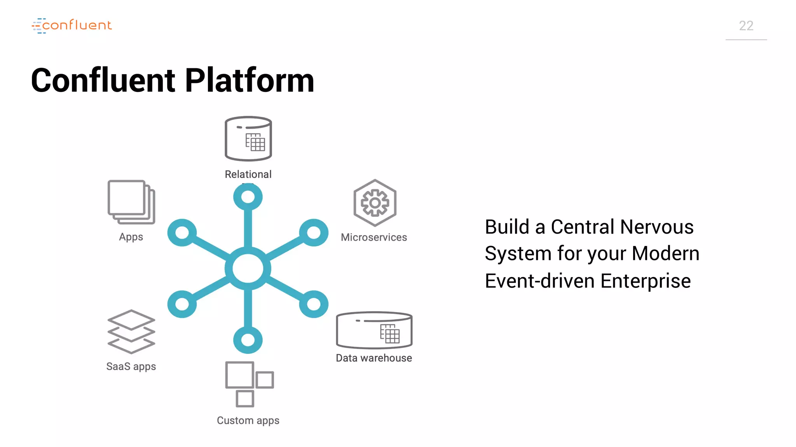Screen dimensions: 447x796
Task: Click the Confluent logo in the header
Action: (x=72, y=26)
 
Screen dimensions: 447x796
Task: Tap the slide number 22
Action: (x=746, y=26)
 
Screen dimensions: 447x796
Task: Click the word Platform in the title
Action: (x=250, y=80)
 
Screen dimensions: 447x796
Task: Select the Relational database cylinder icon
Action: (x=248, y=139)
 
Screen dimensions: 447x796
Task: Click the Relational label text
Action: (x=248, y=174)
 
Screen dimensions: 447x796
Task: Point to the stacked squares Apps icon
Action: (x=131, y=202)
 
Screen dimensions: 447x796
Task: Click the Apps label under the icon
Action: (x=131, y=237)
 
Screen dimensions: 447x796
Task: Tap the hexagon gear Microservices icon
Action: (x=375, y=203)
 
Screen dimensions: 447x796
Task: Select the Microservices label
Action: (x=374, y=237)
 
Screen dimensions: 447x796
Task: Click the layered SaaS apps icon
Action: (x=131, y=332)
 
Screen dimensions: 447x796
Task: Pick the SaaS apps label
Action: (x=131, y=366)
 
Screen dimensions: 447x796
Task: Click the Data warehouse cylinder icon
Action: (x=374, y=330)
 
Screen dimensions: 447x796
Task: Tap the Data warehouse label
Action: (x=374, y=358)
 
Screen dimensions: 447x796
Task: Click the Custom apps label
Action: (x=248, y=420)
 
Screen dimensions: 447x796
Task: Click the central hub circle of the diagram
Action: (x=248, y=269)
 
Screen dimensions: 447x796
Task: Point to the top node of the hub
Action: (x=248, y=197)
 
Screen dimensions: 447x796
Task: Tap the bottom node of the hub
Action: (x=248, y=340)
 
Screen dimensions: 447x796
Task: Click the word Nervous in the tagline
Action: (x=657, y=227)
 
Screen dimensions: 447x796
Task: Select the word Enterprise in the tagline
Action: (x=646, y=281)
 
